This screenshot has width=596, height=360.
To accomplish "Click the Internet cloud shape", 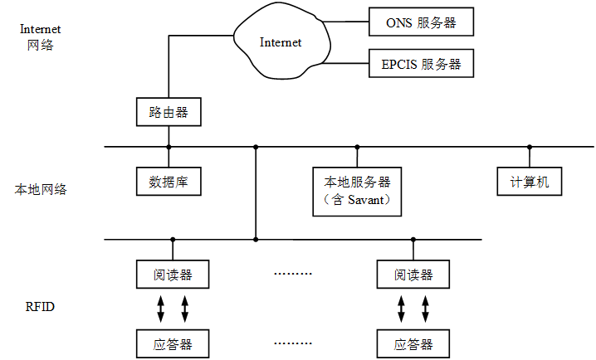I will tap(280, 42).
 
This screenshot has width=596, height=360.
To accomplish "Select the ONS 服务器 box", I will tap(421, 23).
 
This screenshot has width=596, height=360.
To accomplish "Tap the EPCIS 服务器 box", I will tap(421, 64).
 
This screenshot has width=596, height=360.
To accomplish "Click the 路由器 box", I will tap(169, 112).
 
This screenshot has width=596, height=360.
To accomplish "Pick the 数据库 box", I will tap(169, 182).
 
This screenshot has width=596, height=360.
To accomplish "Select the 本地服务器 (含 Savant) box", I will tap(357, 191).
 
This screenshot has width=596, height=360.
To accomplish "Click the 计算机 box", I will tap(530, 182).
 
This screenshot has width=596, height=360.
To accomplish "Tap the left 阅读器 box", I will tap(173, 274).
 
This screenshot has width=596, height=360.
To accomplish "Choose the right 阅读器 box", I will tap(413, 274).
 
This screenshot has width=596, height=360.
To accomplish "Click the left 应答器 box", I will tap(173, 343).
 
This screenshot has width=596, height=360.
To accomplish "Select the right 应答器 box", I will tap(413, 343).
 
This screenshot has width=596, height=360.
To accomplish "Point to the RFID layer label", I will tap(40, 307).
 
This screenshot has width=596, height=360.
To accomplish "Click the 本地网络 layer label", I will tap(40, 189).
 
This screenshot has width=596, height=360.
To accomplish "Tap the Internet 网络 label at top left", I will tap(40, 36).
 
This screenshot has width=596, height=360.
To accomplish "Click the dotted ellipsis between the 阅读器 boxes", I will tap(292, 273).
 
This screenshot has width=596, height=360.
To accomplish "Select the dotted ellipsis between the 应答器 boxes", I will tap(292, 342).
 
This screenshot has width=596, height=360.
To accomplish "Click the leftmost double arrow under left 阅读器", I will tap(160, 308).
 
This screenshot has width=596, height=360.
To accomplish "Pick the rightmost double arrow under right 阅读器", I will tap(425, 308).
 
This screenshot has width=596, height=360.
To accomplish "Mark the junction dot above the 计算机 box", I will tap(530, 147).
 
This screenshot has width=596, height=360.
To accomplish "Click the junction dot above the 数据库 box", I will tap(169, 147).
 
